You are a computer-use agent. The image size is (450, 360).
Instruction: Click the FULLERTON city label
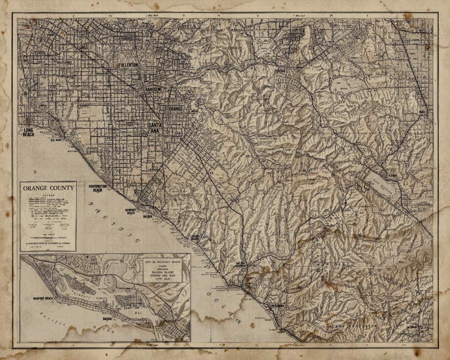[128, 65]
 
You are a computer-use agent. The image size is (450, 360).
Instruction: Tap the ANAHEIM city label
[152, 89]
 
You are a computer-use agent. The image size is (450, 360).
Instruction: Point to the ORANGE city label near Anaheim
[175, 108]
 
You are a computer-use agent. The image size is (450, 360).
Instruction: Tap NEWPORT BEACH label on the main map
[130, 212]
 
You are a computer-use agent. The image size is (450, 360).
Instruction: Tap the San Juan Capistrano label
[243, 264]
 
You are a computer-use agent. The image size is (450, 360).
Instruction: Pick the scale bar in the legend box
[48, 234]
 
